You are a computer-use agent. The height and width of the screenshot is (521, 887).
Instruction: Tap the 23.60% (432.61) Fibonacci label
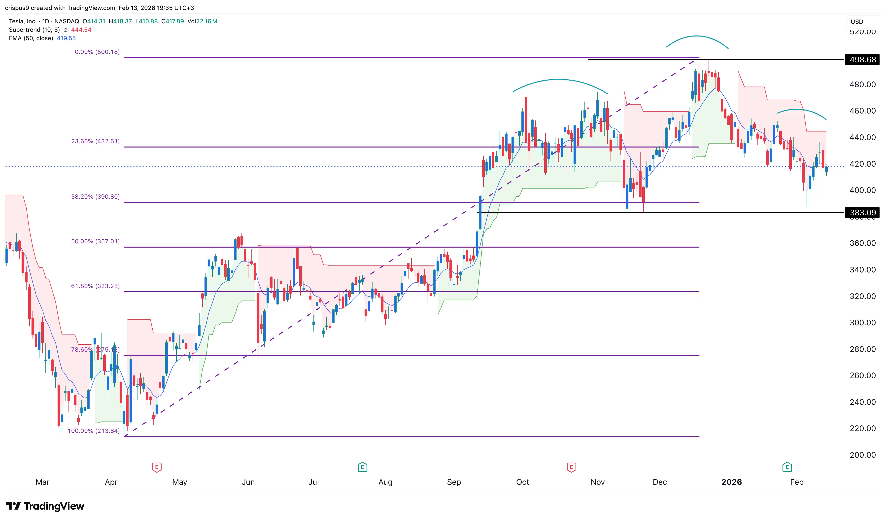tap(95, 141)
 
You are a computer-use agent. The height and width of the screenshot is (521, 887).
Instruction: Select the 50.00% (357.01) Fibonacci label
tap(95, 241)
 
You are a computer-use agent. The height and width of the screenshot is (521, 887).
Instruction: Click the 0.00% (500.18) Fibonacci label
tap(97, 52)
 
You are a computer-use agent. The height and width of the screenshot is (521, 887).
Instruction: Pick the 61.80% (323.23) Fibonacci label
tap(95, 286)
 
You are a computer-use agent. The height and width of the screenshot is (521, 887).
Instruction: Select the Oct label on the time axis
tap(522, 482)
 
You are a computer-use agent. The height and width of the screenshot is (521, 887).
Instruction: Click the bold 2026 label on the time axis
tap(731, 482)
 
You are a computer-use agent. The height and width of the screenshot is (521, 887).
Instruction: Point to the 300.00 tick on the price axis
tap(862, 323)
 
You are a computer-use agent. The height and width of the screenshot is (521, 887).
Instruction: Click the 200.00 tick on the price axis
tap(862, 455)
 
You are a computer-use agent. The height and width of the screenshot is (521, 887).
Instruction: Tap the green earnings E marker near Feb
tap(787, 467)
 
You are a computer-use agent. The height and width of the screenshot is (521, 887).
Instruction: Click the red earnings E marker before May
tap(157, 467)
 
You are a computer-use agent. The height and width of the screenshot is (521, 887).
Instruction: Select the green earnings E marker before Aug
tap(362, 467)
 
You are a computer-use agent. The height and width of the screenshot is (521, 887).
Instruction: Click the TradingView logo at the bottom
tap(45, 506)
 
